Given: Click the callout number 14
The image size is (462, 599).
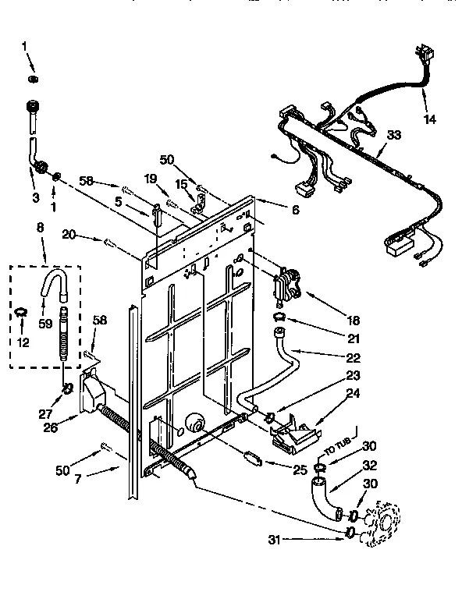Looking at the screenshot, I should pos(428,119).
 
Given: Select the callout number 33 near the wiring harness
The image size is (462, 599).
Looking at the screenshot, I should pos(395,135).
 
